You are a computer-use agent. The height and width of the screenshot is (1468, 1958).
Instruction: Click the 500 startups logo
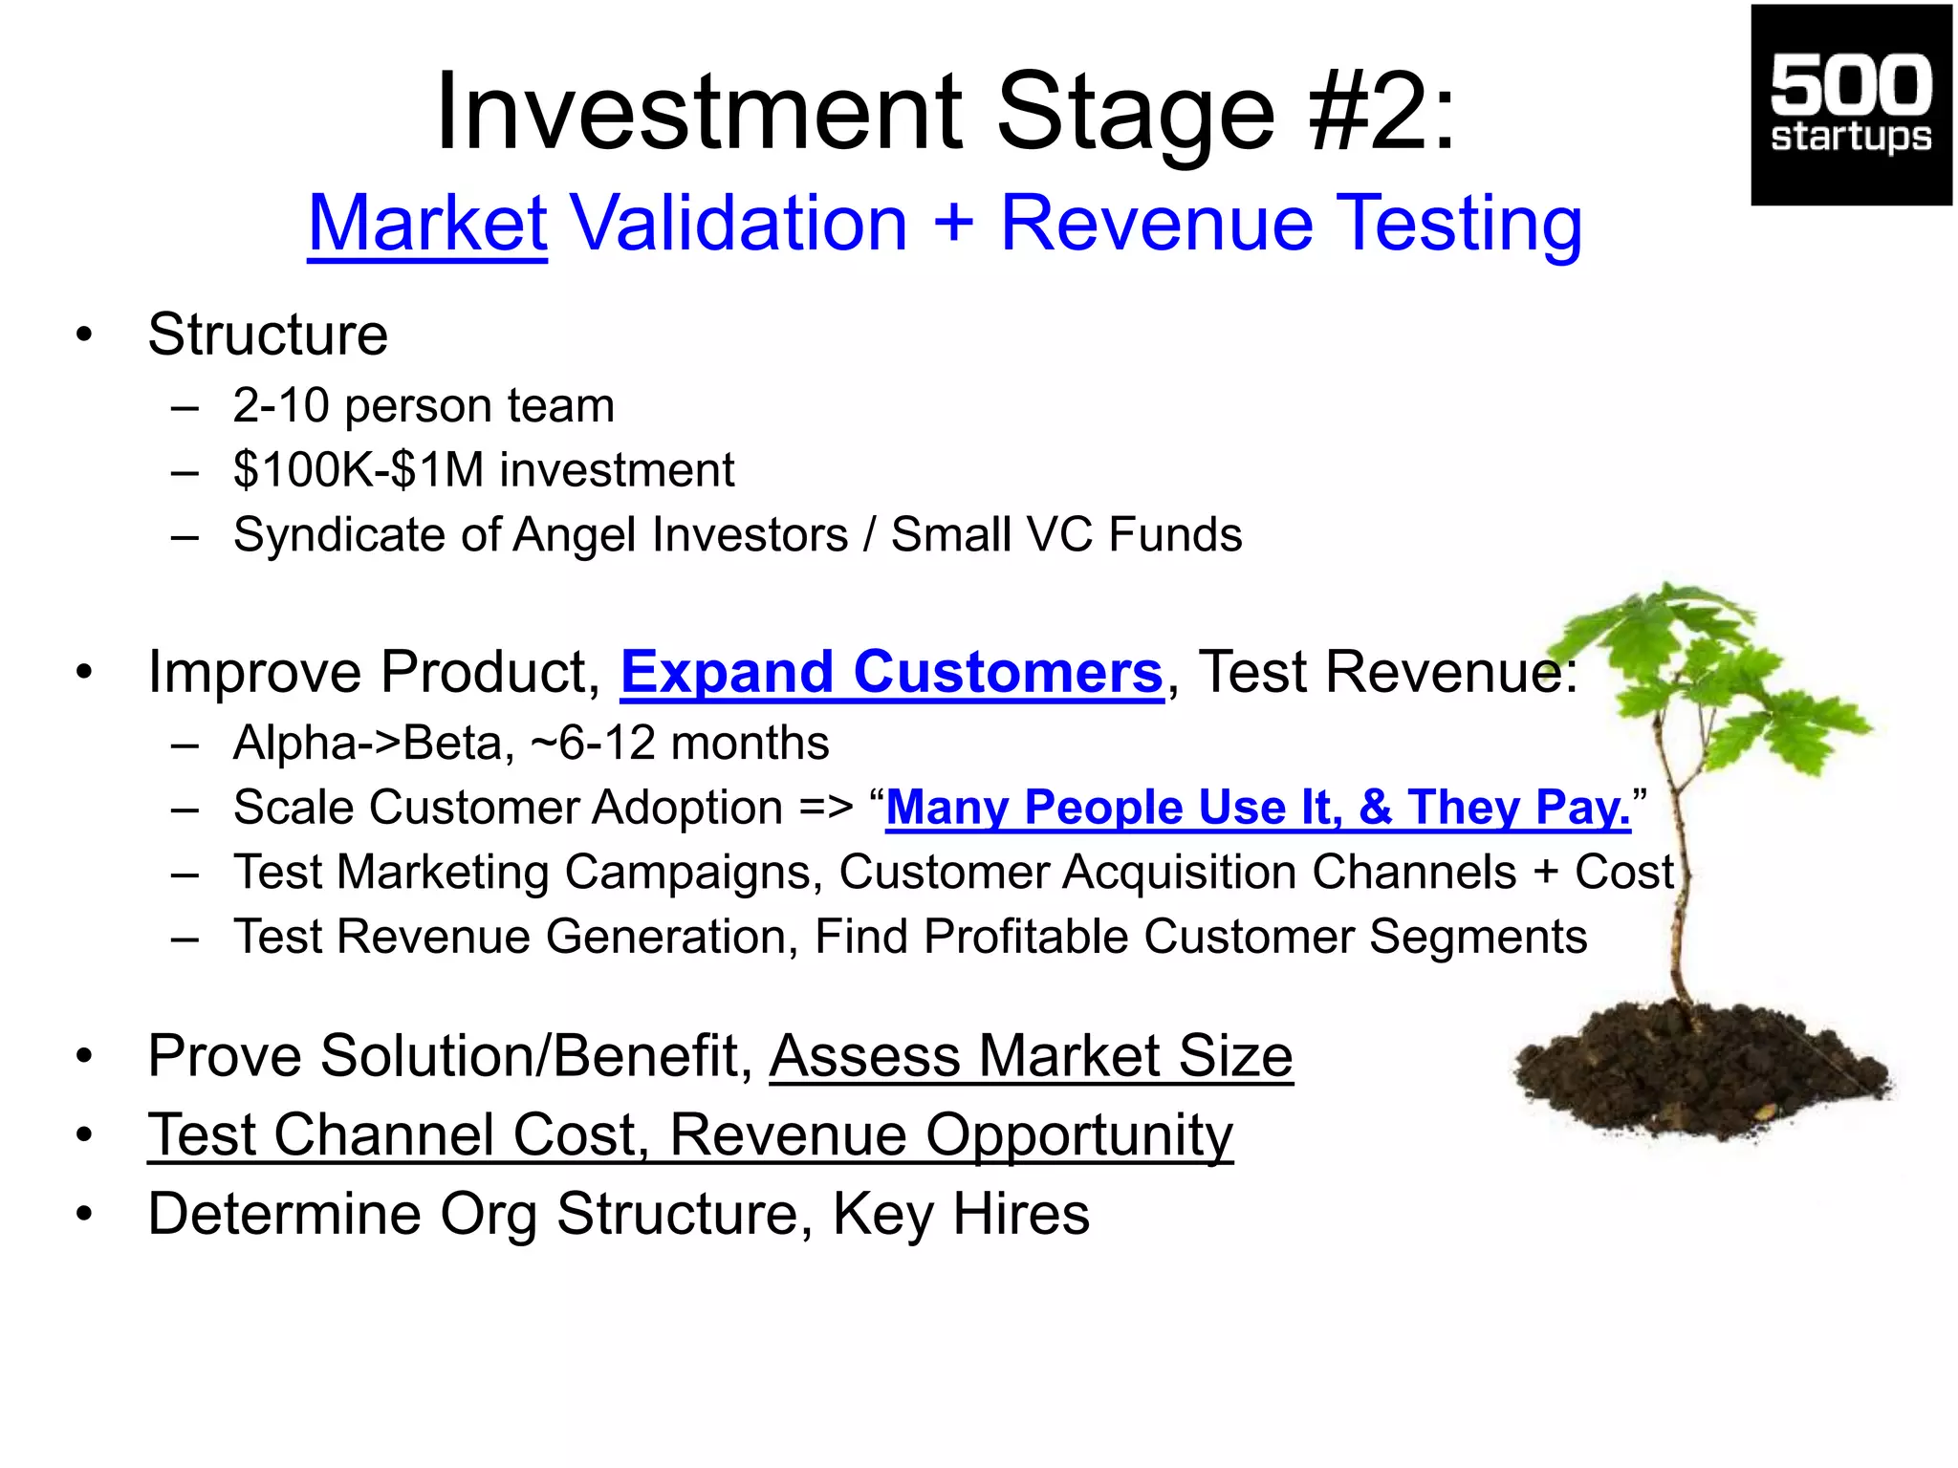1850,105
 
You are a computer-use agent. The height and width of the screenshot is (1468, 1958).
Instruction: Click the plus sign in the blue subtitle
953,225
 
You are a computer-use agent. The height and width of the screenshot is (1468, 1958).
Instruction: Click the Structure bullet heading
268,335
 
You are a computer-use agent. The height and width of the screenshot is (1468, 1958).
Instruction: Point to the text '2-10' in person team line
280,405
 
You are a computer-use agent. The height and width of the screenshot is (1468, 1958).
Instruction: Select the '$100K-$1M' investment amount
359,470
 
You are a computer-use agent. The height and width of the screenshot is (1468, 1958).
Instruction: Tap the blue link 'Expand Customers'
891,672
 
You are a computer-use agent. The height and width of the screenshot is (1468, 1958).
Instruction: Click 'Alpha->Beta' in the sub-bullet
373,744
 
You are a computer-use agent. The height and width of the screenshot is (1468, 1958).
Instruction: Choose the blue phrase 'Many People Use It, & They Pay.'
1257,808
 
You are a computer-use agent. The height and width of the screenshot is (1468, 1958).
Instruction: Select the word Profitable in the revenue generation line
1025,937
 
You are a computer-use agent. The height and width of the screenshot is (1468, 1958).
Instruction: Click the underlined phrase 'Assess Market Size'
1031,1056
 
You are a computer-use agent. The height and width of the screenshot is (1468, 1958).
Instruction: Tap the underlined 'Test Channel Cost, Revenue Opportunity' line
689,1135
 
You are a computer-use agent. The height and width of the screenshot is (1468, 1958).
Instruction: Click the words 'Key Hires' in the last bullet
960,1214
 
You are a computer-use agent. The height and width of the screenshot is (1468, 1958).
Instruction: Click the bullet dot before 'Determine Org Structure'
85,1215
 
